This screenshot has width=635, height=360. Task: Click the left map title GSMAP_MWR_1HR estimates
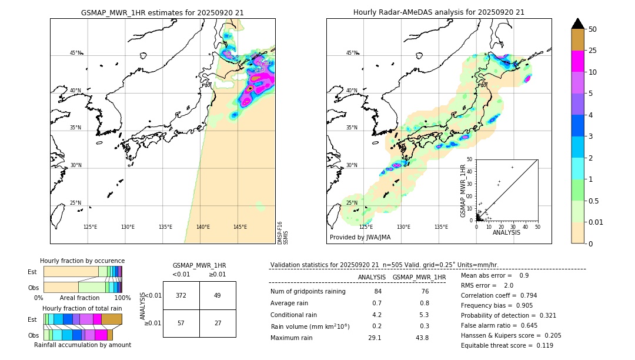[162, 12]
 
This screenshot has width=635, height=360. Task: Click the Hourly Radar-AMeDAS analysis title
[439, 12]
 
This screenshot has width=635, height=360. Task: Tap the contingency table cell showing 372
[181, 295]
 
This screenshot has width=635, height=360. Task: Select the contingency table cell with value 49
[217, 295]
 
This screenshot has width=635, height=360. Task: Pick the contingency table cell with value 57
[181, 323]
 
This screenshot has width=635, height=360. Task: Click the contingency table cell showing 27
[217, 323]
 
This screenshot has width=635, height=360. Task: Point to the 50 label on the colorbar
[593, 29]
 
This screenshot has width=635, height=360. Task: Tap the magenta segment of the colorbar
[577, 61]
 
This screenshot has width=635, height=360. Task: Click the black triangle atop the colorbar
[577, 24]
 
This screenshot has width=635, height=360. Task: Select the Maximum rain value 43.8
[422, 338]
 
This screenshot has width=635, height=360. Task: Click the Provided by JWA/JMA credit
[360, 238]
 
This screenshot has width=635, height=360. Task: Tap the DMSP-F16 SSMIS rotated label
[283, 233]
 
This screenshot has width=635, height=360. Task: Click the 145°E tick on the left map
[240, 227]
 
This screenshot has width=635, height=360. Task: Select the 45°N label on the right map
[352, 53]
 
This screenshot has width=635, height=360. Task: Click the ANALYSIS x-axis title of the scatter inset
[506, 232]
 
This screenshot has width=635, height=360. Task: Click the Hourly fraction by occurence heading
[82, 261]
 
